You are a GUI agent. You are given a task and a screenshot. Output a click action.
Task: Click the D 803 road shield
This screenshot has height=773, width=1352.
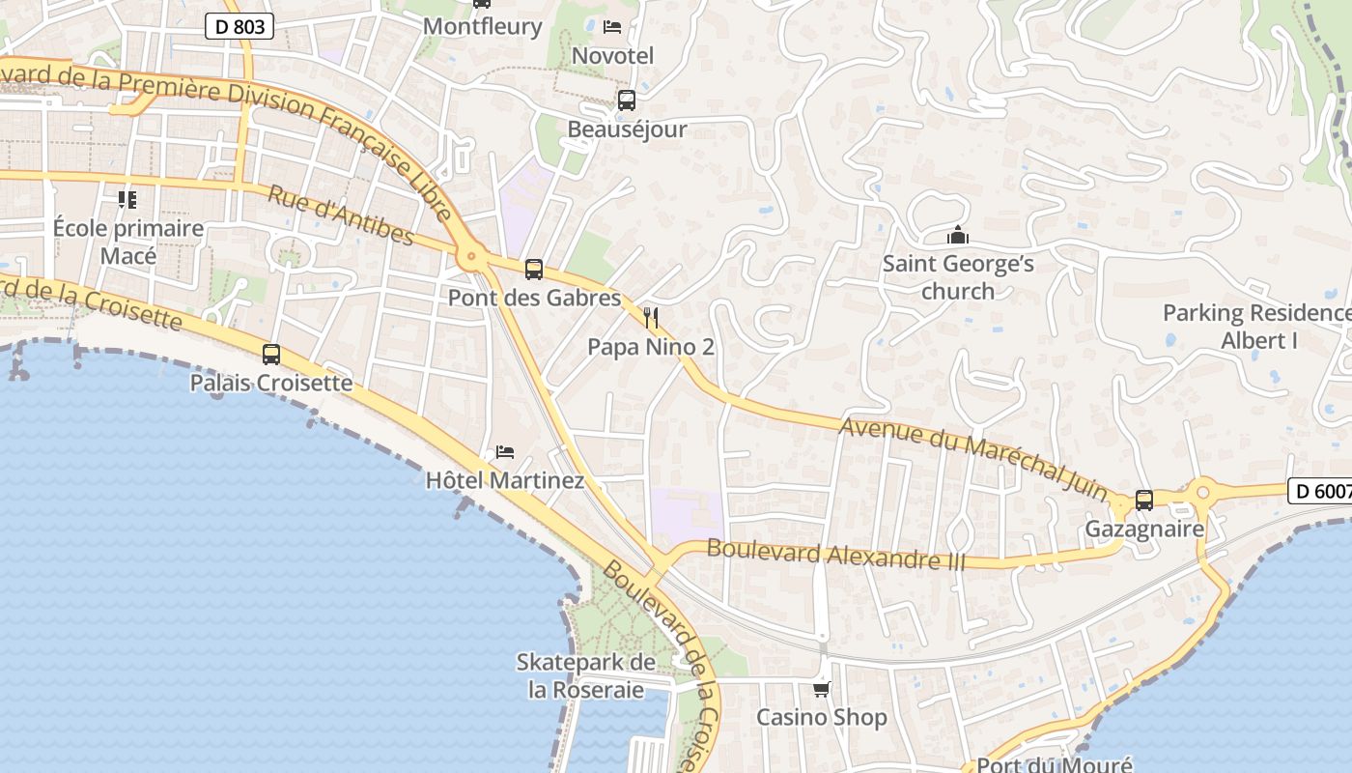coord(239,26)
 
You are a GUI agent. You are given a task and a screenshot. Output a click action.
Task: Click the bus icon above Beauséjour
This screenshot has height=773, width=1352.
coord(627,100)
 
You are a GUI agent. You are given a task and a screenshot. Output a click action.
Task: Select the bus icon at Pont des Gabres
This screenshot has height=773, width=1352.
coord(533,270)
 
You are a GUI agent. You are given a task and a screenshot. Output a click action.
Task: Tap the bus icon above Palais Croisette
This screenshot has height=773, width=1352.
coord(271,355)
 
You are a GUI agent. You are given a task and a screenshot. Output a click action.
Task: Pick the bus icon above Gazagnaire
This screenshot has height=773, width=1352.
coord(1144,501)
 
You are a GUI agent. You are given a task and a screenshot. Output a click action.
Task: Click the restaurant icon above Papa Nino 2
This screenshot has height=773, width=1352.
coord(651,318)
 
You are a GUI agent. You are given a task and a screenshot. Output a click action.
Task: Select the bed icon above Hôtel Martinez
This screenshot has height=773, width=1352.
coord(504,451)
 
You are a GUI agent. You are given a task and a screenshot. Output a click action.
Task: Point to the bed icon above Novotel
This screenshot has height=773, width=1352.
coord(612,26)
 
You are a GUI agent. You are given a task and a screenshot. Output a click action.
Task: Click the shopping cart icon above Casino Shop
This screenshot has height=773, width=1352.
coord(821,689)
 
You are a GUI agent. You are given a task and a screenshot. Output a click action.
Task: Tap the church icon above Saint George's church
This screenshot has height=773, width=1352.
coord(957,235)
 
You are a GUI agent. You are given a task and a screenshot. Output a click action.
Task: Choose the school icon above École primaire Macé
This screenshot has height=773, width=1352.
coord(127,200)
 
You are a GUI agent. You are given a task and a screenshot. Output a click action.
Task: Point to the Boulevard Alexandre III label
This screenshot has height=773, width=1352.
coord(835,555)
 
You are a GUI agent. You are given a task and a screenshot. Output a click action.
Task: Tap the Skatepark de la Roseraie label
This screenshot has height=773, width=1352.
coord(586,675)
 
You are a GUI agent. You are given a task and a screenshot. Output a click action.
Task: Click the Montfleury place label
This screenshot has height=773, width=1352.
coord(483,26)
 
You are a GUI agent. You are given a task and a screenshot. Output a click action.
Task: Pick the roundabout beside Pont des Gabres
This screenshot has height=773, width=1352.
coord(471,257)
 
